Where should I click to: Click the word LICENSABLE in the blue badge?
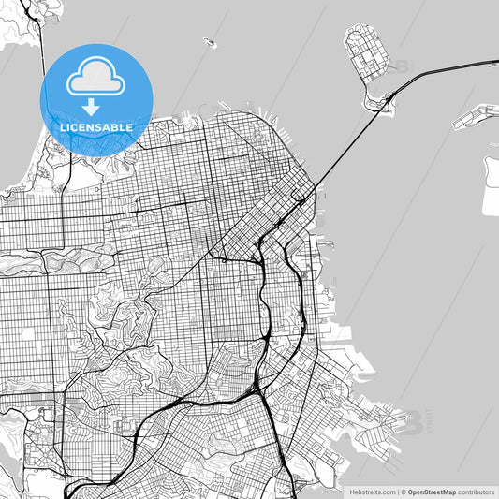[x=96, y=125]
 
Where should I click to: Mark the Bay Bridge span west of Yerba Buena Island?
[x=337, y=155]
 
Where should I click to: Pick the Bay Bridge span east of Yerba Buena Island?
[x=440, y=73]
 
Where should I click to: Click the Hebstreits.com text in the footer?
[x=371, y=491]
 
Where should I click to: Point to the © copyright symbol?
[x=403, y=491]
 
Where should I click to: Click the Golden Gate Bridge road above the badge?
[x=42, y=37]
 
